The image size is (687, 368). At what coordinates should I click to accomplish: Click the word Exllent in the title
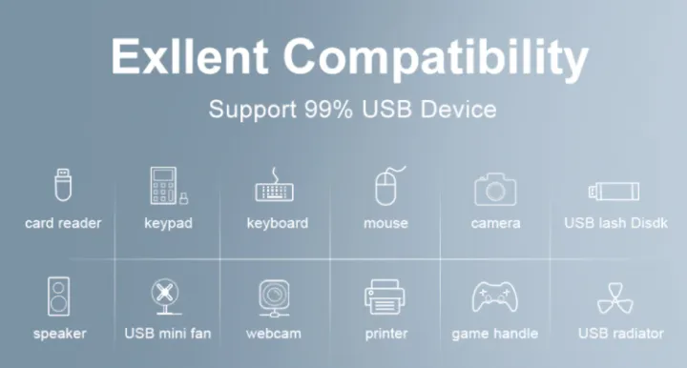pyautogui.click(x=190, y=57)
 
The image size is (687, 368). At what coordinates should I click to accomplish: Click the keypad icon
pyautogui.click(x=165, y=185)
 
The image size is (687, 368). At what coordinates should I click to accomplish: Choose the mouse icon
pyautogui.click(x=385, y=185)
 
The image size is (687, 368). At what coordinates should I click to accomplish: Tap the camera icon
pyautogui.click(x=495, y=188)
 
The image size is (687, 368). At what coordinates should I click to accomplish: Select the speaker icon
pyautogui.click(x=59, y=296)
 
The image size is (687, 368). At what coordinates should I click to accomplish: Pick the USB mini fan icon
pyautogui.click(x=168, y=296)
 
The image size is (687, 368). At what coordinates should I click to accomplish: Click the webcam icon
pyautogui.click(x=275, y=297)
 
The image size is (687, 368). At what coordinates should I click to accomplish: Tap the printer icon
pyautogui.click(x=385, y=297)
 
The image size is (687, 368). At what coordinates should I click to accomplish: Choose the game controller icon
pyautogui.click(x=494, y=297)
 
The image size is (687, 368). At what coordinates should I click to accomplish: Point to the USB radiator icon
pyautogui.click(x=615, y=297)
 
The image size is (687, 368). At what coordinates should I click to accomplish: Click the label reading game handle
pyautogui.click(x=494, y=334)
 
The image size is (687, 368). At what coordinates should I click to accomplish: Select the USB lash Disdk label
pyautogui.click(x=615, y=223)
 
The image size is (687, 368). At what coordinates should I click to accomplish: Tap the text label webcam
pyautogui.click(x=275, y=334)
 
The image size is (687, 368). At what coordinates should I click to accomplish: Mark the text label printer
pyautogui.click(x=385, y=334)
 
